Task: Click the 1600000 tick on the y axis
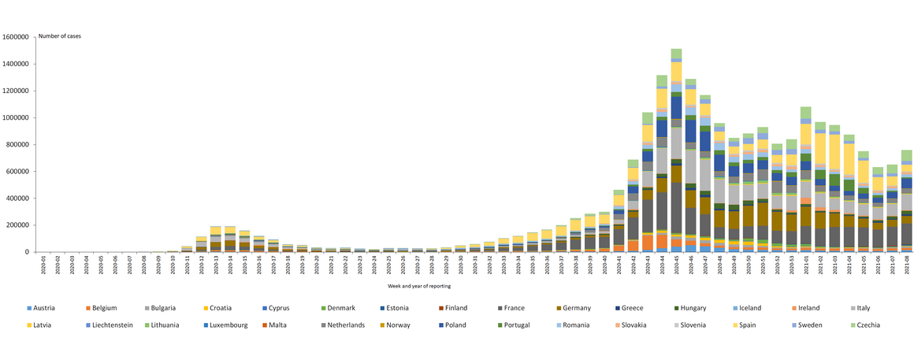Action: (15, 37)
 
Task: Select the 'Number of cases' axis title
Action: (60, 36)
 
